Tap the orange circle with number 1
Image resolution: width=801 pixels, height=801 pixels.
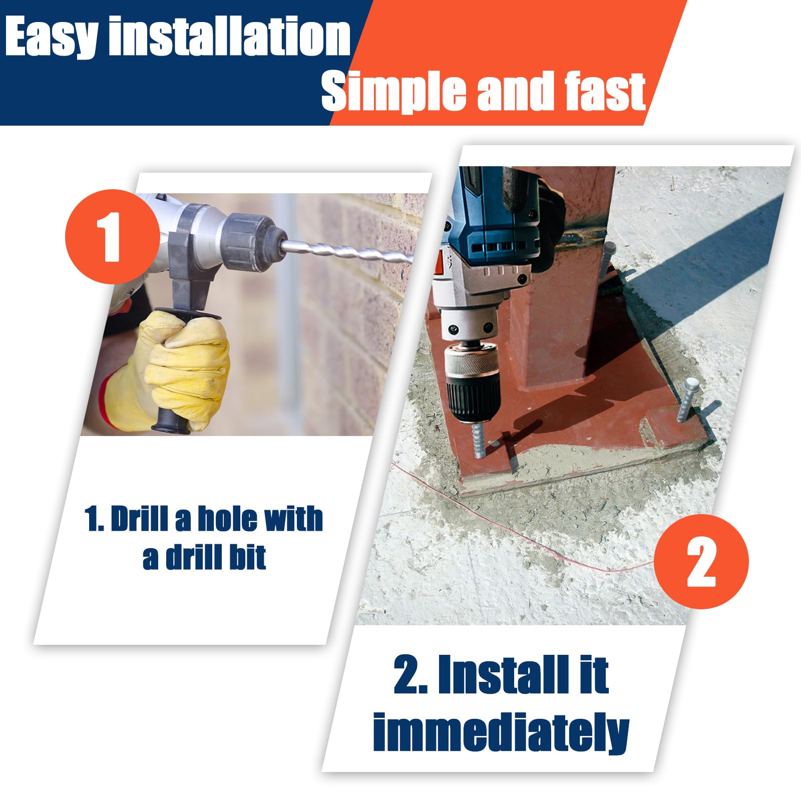click(113, 236)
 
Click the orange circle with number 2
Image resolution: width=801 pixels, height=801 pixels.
click(701, 561)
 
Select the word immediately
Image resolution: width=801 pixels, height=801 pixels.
click(501, 732)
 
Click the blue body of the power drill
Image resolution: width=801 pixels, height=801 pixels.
click(493, 220)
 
